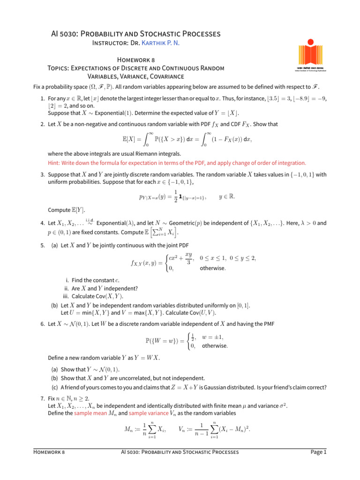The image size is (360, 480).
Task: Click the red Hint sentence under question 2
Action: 177,163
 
